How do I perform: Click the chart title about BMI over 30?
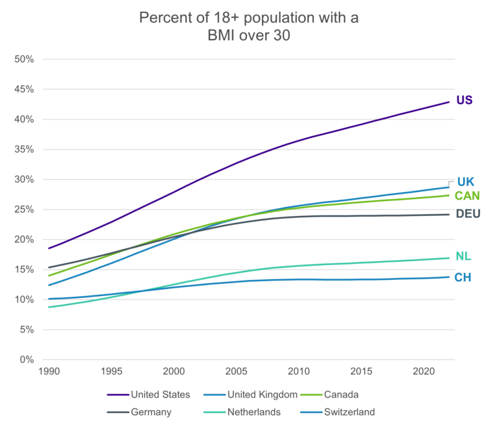point(249,27)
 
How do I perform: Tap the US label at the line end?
point(464,100)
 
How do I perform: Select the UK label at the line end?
point(466,182)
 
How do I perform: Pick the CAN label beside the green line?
point(467,196)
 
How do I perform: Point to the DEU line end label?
point(467,213)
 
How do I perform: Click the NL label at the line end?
point(463,257)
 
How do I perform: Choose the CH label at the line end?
point(463,278)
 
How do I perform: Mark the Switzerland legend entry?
point(349,412)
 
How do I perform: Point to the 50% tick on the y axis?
point(25,59)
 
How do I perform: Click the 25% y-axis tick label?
point(25,209)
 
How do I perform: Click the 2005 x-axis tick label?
point(236,372)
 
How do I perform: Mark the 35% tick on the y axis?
point(25,149)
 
